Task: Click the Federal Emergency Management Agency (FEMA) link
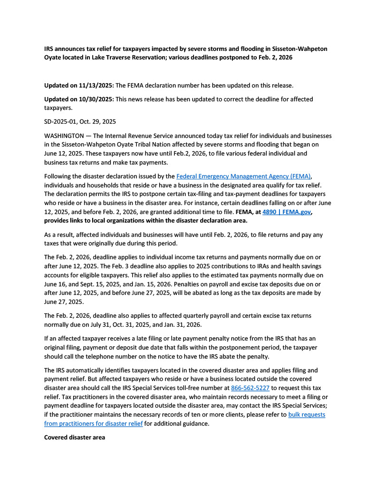coord(244,176)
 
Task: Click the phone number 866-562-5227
coord(250,388)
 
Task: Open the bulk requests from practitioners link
coord(307,415)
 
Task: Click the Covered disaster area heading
coord(75,437)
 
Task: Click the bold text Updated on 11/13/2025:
coord(79,86)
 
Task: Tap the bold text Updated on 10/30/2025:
coord(79,99)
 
